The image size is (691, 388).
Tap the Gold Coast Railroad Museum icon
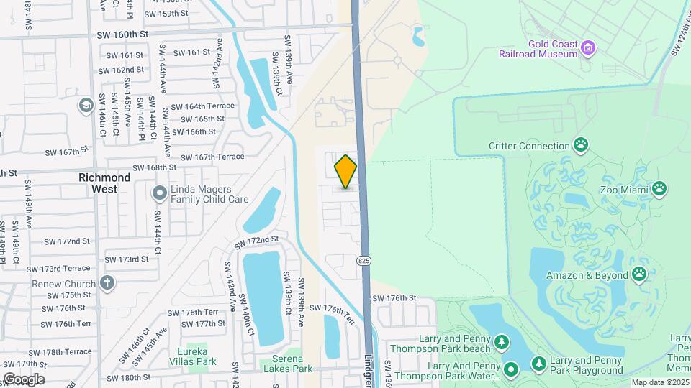coord(589,48)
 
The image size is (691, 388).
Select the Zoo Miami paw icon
coord(659,189)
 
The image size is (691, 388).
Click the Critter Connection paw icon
coord(581,146)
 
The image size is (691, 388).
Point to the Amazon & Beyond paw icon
coord(638,274)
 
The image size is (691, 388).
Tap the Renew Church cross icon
coord(107,283)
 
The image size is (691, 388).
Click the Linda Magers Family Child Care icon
coord(159,193)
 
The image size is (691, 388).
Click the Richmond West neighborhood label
coord(104,183)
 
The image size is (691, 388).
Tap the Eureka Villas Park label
coord(187,356)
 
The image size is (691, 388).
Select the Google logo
coord(23,379)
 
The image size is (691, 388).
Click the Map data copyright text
coord(661,382)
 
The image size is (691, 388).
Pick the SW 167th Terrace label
coord(212,157)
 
